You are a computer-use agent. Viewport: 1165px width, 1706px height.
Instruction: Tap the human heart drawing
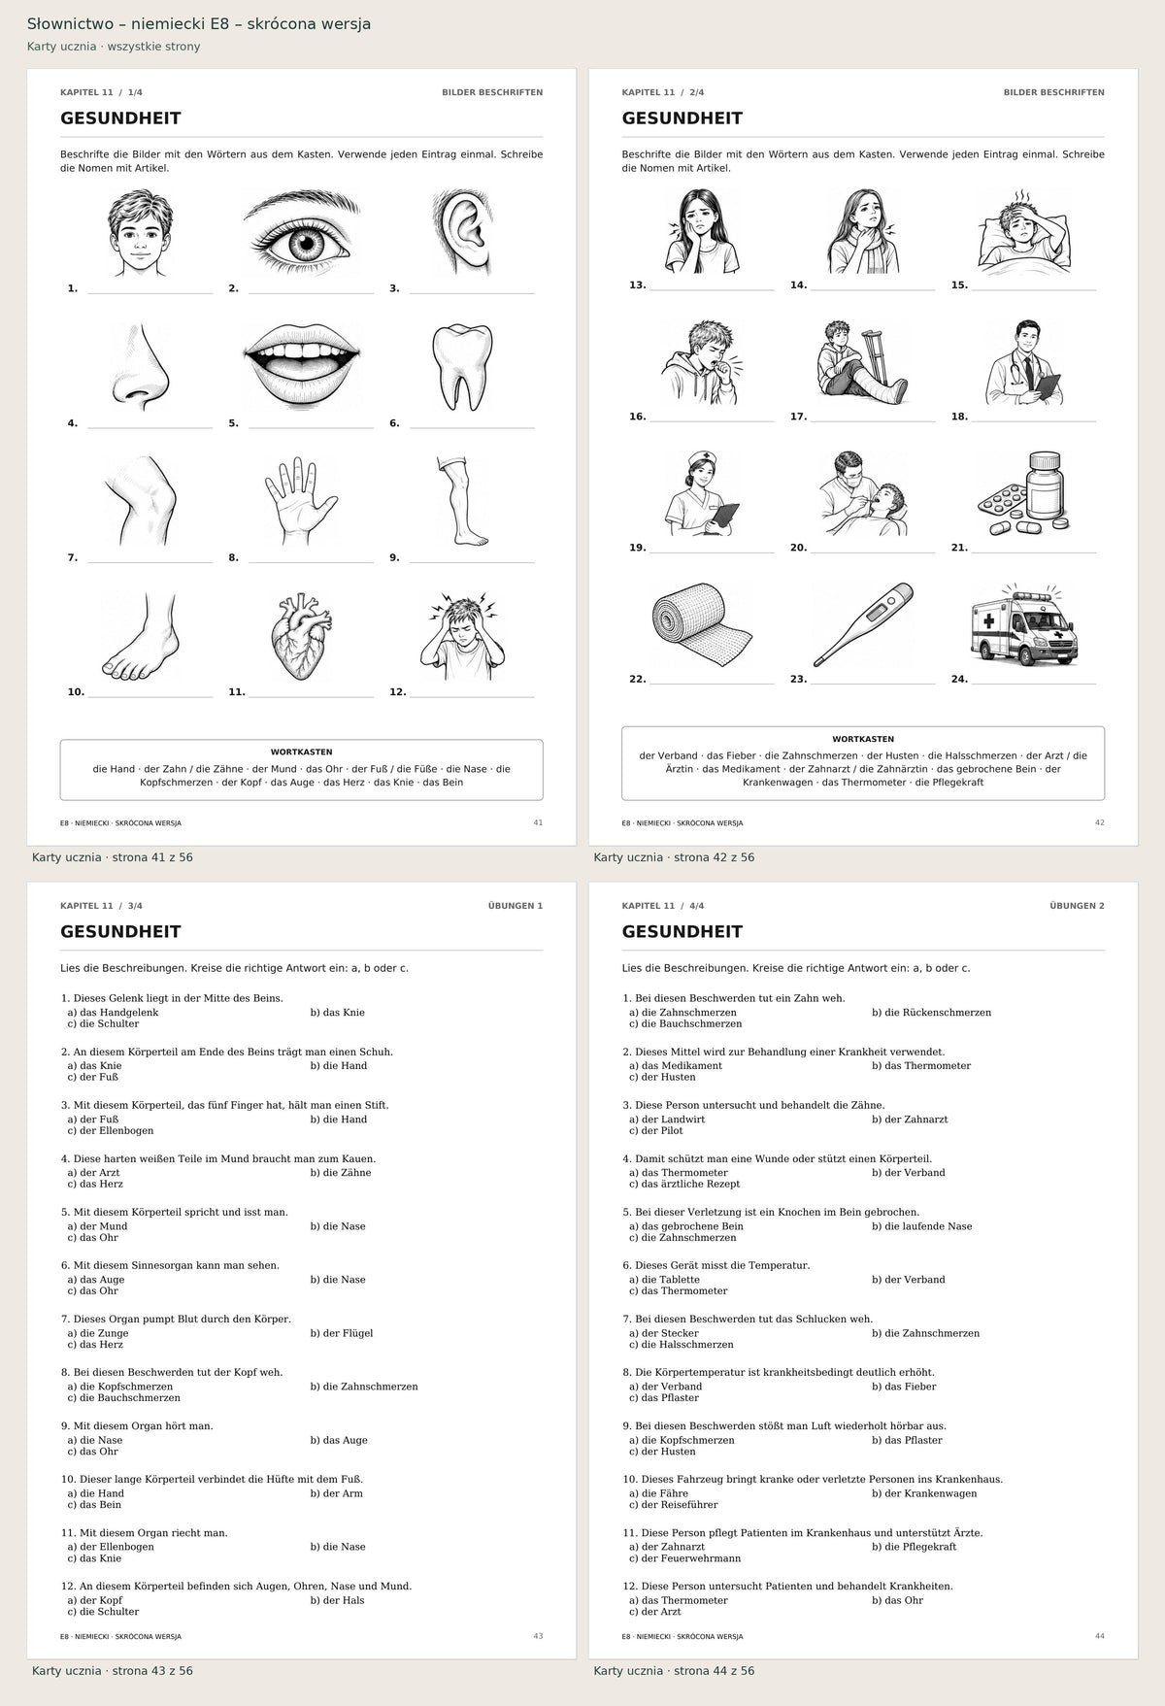point(301,637)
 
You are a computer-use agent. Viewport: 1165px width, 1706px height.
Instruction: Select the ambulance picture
point(1024,627)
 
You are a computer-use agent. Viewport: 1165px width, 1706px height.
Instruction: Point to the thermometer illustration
point(863,624)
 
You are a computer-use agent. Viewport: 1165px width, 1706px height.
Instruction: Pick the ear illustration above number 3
point(462,232)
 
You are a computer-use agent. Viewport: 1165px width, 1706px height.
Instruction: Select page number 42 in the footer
point(1099,822)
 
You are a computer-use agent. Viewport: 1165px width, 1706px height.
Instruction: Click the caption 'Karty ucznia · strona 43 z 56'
point(113,1671)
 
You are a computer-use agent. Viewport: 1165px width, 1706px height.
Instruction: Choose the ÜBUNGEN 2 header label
point(1077,906)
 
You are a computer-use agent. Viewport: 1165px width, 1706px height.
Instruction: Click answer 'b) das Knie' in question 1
point(338,1013)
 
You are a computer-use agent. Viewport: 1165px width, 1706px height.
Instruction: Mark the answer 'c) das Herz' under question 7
point(95,1345)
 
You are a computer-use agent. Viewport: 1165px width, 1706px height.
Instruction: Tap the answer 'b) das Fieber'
point(904,1387)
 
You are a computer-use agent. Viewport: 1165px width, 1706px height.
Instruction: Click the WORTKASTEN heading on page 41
point(301,753)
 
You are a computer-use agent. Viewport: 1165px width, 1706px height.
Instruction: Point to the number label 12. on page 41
point(398,692)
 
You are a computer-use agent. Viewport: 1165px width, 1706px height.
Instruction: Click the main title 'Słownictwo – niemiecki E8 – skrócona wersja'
point(199,24)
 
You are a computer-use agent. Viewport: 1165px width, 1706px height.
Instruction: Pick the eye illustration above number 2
point(301,233)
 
